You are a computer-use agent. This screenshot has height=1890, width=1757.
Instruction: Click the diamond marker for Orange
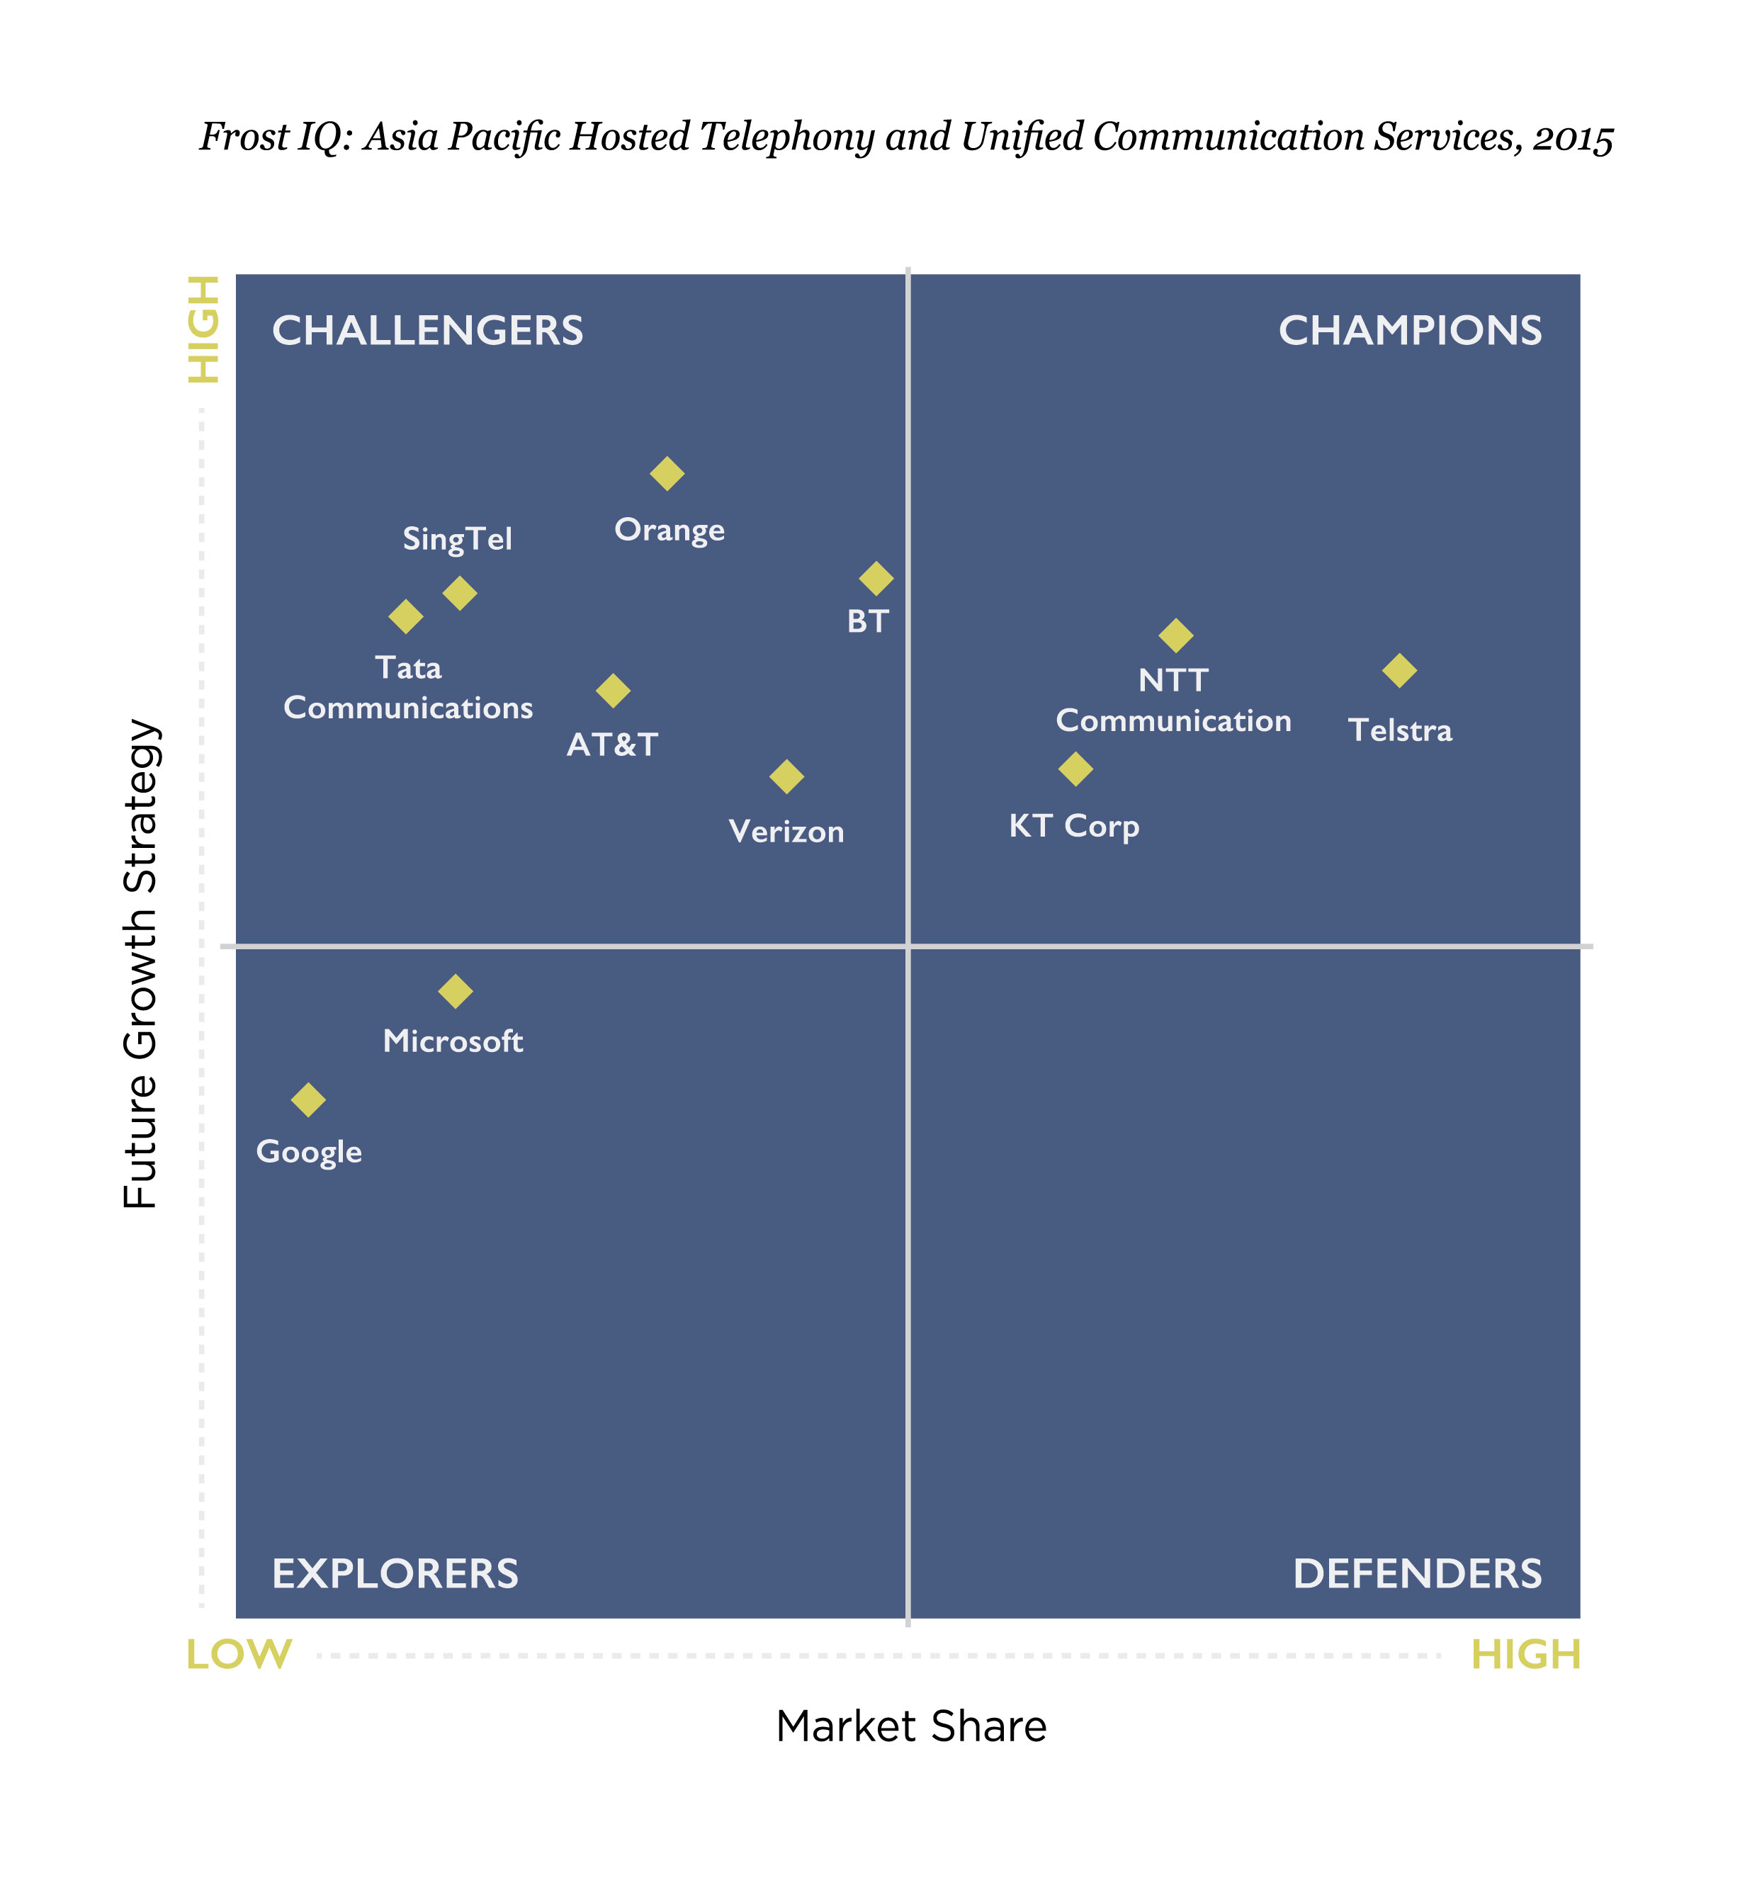[667, 473]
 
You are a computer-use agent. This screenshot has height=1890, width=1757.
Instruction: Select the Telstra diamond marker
[1399, 670]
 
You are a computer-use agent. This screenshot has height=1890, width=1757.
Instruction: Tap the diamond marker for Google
[308, 1100]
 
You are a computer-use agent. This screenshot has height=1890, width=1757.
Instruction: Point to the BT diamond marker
[876, 578]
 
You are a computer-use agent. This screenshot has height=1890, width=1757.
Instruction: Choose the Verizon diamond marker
[786, 776]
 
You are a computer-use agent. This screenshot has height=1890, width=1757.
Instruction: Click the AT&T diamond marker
[614, 690]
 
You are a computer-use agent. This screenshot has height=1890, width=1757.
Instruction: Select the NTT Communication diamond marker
[1176, 635]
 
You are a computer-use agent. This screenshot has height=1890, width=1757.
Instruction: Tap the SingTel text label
[457, 539]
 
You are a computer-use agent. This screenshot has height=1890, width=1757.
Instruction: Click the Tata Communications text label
[408, 689]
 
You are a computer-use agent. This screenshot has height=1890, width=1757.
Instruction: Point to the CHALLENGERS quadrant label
[428, 331]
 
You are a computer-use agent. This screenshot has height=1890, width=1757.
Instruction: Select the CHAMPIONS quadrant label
[1410, 331]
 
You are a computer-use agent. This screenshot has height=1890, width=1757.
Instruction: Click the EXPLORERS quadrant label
[395, 1574]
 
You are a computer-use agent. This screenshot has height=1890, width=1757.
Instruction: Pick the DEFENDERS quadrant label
[1417, 1574]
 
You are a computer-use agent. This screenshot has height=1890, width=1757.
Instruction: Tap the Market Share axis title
[911, 1726]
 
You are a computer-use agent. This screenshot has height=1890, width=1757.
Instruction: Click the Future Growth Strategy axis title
[142, 963]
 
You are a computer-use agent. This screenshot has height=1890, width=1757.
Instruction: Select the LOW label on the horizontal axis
[239, 1656]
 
